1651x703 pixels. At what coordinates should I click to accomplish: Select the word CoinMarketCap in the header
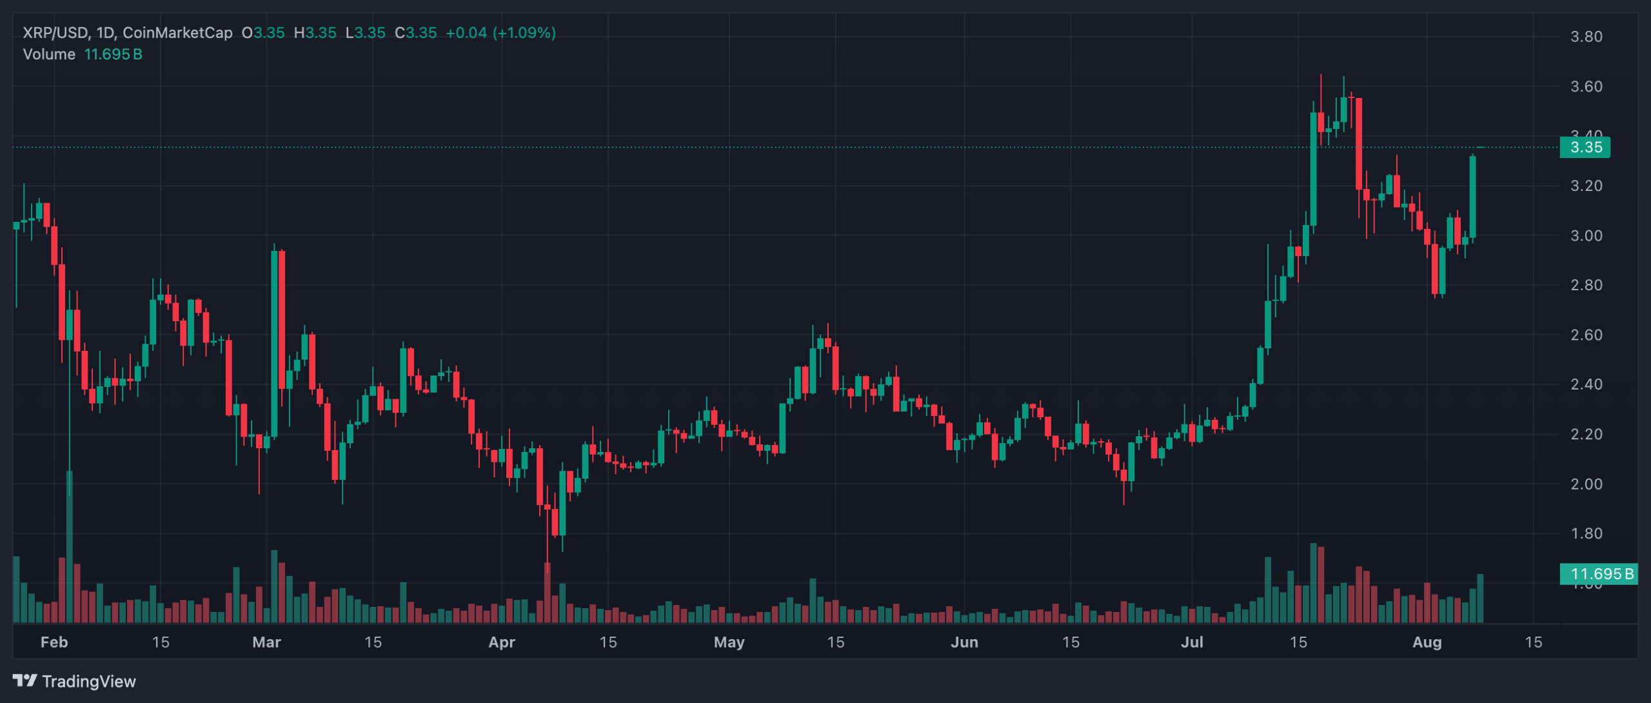(x=177, y=33)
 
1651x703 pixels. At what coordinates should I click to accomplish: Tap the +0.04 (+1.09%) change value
(x=500, y=33)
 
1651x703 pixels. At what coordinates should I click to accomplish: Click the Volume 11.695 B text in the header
(x=83, y=54)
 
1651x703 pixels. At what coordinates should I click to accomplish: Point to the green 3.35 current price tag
(x=1585, y=148)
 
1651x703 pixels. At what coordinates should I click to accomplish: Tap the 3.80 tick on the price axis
(x=1586, y=37)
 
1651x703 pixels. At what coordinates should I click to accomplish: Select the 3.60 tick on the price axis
(x=1586, y=86)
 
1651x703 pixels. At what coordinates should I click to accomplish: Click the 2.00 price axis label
(x=1586, y=484)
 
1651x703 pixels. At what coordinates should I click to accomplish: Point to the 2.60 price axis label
(x=1586, y=335)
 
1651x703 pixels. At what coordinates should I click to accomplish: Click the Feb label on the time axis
(x=54, y=642)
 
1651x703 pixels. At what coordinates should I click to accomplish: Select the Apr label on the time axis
(x=502, y=642)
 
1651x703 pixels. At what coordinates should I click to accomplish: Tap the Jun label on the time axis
(x=964, y=642)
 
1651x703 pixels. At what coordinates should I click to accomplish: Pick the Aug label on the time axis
(x=1427, y=642)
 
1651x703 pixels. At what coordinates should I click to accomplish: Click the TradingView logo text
(x=88, y=682)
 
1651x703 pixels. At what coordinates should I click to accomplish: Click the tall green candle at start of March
(x=275, y=342)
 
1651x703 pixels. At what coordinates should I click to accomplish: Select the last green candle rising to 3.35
(x=1473, y=197)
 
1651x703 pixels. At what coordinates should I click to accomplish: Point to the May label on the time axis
(x=729, y=642)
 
